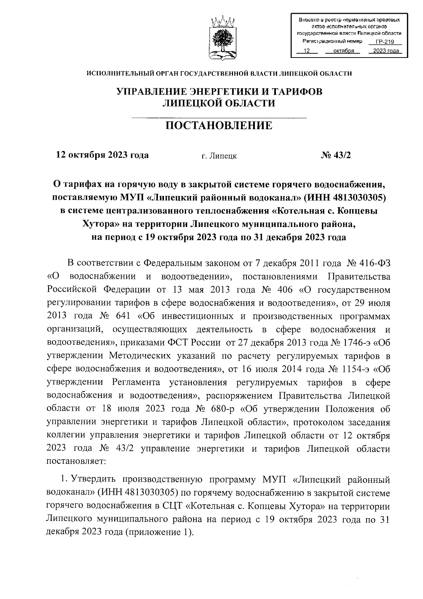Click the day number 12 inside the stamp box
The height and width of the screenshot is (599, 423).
[306, 51]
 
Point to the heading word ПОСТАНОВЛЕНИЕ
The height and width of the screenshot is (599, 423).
[219, 125]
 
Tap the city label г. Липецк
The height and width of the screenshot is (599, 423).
[219, 156]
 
